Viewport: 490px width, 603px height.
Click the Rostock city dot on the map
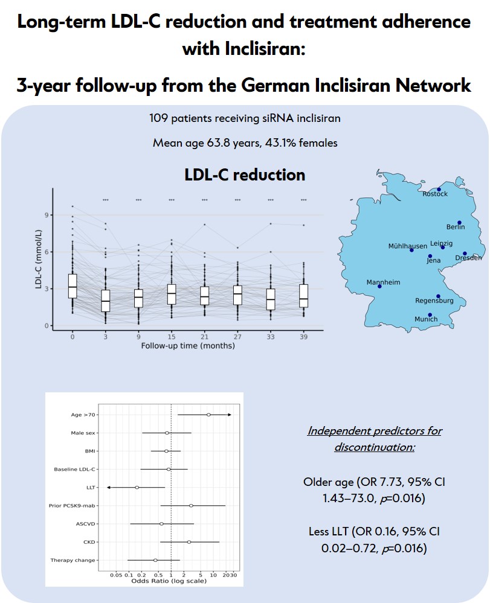coord(439,190)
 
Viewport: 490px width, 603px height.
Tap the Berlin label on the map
coord(456,227)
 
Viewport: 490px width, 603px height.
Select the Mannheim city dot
coord(379,286)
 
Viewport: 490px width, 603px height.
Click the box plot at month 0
coord(73,286)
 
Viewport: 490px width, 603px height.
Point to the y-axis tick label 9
coord(47,215)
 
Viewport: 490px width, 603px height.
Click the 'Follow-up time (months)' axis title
coord(188,346)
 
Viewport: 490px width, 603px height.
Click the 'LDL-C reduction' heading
coord(245,175)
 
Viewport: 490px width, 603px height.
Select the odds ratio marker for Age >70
coord(208,415)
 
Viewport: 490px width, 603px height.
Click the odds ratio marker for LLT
coord(137,487)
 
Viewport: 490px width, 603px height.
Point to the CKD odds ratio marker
coord(189,542)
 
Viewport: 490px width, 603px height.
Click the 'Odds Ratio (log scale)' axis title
coord(169,581)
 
